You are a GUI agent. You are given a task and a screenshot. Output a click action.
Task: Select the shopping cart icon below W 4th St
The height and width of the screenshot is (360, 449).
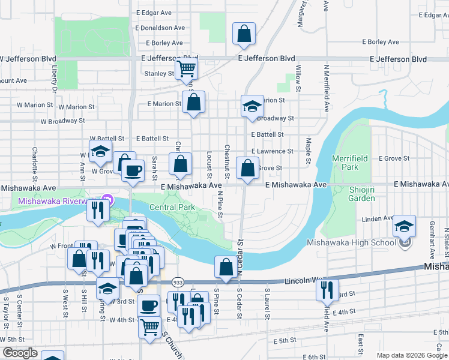pos(149,327)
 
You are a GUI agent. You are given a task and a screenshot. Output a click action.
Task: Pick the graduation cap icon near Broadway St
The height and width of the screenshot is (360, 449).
pos(252,106)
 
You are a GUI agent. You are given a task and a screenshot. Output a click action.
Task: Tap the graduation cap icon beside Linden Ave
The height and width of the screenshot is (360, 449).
pos(405,226)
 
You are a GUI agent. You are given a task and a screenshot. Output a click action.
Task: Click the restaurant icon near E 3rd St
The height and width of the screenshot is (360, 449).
pos(327,290)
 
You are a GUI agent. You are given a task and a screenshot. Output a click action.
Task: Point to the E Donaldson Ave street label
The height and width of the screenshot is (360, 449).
pos(160,28)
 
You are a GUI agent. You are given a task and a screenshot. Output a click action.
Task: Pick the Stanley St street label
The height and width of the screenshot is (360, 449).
pos(159,74)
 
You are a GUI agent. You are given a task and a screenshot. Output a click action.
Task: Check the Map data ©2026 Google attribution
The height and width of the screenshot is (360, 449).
pos(411,355)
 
